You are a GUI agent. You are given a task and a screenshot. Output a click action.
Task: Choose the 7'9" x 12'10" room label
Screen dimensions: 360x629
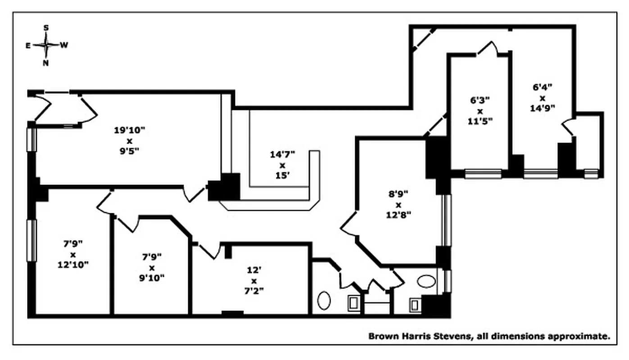[72, 254]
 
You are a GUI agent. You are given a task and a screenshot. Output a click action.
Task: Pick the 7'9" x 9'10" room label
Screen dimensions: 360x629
[152, 267]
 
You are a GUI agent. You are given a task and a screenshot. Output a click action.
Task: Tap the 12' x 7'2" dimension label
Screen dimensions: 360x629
[253, 280]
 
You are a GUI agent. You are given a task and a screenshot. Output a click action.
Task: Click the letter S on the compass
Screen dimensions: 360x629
[46, 28]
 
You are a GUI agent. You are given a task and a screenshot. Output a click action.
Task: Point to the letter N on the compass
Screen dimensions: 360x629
[45, 63]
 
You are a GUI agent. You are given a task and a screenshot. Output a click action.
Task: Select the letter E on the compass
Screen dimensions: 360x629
[28, 45]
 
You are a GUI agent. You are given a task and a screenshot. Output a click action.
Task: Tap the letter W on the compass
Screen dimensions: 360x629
[64, 45]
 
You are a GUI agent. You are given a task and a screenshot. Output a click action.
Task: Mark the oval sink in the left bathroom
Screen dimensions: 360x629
[324, 300]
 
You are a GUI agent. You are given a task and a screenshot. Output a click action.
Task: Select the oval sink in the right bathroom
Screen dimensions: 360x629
[426, 282]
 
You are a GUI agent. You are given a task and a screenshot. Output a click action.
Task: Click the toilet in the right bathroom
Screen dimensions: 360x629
[415, 305]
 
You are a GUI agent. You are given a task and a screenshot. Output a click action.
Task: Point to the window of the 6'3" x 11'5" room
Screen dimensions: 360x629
[483, 173]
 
